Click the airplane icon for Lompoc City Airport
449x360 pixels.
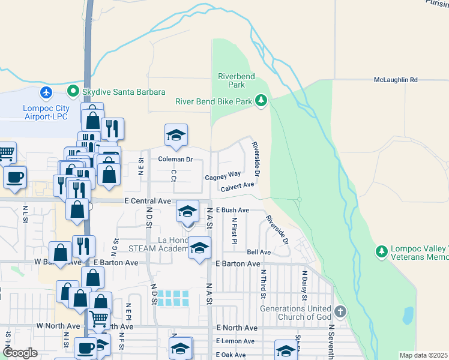coord(46,92)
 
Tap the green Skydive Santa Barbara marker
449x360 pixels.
coord(74,92)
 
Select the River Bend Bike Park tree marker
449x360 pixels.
coord(261,101)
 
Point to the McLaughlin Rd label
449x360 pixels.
coord(395,79)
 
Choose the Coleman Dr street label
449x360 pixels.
coord(175,160)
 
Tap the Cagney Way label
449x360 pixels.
coord(223,177)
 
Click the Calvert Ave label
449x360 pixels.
coord(237,188)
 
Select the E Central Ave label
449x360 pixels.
coord(148,202)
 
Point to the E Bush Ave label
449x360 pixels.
coord(232,210)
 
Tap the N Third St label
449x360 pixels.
coord(263,284)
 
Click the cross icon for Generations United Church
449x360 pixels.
coord(340,311)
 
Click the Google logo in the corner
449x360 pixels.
coord(20,353)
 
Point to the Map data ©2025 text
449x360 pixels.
coord(423,355)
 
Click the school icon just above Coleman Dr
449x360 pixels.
coord(176,136)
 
